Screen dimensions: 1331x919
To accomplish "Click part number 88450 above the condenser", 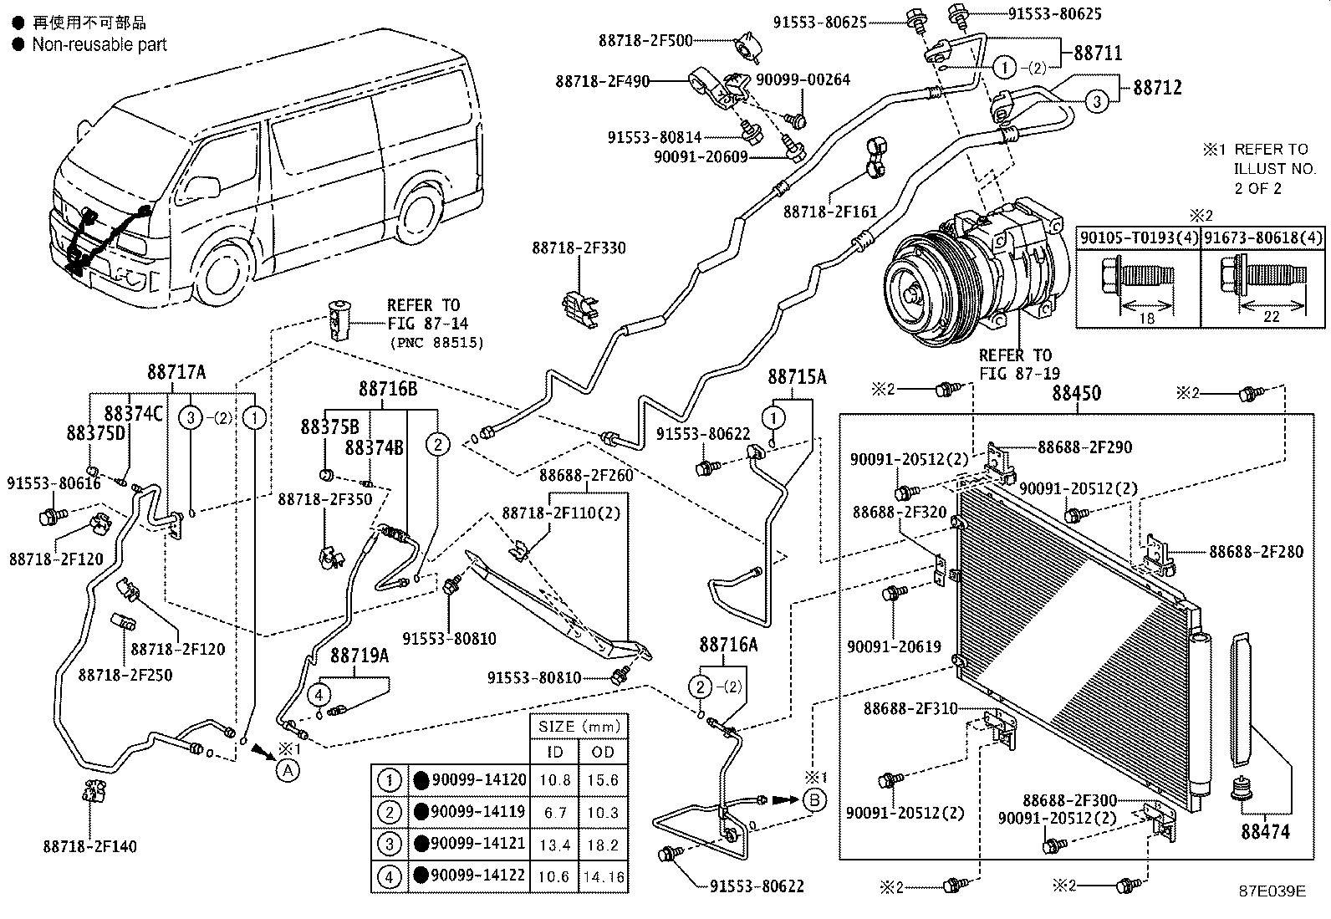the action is [x=1076, y=393].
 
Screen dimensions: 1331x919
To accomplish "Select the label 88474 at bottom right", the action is [x=1265, y=831].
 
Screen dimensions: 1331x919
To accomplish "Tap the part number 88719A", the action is [x=360, y=655].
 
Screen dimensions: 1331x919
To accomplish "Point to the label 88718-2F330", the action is [x=579, y=248].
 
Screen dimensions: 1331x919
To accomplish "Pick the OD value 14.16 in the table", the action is [x=604, y=876].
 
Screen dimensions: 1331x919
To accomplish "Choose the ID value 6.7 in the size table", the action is [x=555, y=812].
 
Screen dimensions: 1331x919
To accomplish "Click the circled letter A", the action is [x=288, y=770].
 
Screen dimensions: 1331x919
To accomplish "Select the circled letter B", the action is [x=814, y=799].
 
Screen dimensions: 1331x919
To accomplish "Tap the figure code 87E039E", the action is [x=1272, y=891].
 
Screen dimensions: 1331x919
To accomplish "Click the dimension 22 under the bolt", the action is [x=1271, y=316].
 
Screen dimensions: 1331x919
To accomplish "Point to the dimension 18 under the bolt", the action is [x=1146, y=318].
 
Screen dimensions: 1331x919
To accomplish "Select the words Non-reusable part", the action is [x=99, y=44].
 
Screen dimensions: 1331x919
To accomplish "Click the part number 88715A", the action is [x=797, y=376].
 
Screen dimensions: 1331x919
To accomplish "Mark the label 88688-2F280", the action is [x=1256, y=552].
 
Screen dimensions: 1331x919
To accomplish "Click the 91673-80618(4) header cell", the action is [x=1262, y=237].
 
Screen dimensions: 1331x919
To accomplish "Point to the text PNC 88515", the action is [x=436, y=342].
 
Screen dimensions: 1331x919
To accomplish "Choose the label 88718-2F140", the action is [x=89, y=846].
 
